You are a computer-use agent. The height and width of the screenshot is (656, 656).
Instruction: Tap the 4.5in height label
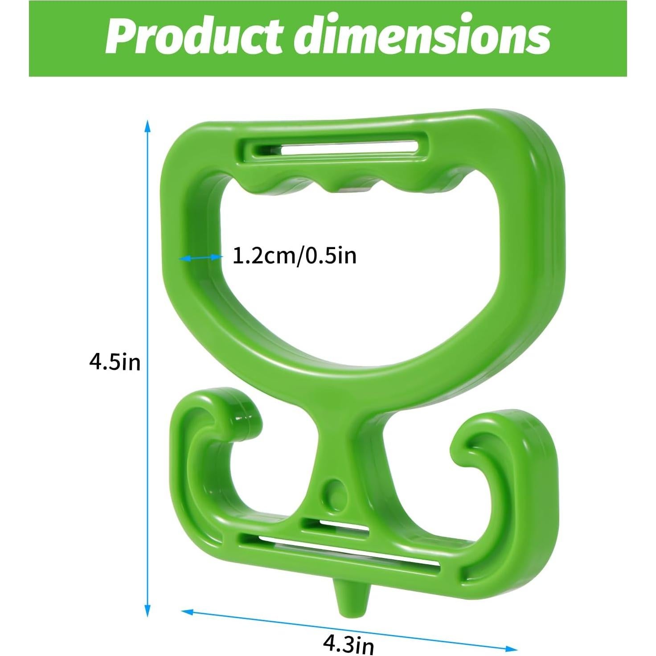[115, 362]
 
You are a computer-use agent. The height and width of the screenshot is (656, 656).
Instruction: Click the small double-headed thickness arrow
[200, 257]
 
